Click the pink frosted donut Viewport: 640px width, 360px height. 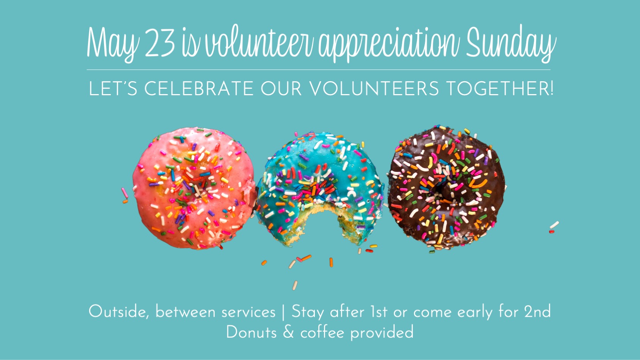tap(194, 189)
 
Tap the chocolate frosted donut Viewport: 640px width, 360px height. tap(446, 187)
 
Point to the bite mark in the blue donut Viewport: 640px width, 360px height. tap(321, 220)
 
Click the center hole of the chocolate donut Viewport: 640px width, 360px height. tap(439, 190)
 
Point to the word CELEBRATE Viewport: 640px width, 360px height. tap(199, 88)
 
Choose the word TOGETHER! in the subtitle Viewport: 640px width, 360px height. tap(500, 88)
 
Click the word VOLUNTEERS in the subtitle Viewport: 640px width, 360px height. tap(374, 88)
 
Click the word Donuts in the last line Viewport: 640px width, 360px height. tap(252, 333)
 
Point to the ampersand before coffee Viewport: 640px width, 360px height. tap(288, 333)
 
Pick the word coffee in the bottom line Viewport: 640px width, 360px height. tap(322, 333)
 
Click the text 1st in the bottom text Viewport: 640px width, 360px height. tap(378, 311)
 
